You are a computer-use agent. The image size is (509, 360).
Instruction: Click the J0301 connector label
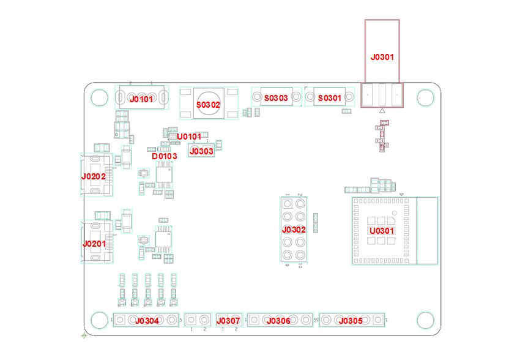(x=382, y=57)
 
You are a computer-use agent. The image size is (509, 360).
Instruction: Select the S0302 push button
(x=208, y=105)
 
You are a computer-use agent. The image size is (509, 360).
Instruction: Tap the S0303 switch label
(x=275, y=98)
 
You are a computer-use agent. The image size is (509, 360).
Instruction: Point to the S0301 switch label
(x=329, y=98)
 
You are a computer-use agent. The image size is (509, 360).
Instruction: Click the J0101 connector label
(x=141, y=99)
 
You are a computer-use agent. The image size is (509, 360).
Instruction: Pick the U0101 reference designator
(x=189, y=137)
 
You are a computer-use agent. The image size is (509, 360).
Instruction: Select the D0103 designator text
(x=165, y=156)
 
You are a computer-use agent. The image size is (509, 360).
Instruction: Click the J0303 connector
(x=202, y=151)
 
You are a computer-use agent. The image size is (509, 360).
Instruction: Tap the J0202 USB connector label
(x=94, y=176)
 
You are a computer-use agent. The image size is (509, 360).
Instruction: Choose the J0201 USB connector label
(x=94, y=244)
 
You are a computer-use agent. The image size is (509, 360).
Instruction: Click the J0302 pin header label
(x=294, y=230)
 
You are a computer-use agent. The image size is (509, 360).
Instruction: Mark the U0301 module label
(x=381, y=231)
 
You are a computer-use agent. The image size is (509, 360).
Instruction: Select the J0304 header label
(x=147, y=321)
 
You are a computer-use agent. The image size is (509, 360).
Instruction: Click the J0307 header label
(x=229, y=321)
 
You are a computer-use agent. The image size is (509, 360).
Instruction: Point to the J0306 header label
(x=279, y=321)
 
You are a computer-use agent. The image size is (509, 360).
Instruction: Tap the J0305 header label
(x=351, y=321)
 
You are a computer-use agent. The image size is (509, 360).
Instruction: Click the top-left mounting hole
(x=98, y=97)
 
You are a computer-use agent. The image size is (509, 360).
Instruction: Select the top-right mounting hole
(x=425, y=97)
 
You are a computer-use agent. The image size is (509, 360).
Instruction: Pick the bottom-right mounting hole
(x=425, y=319)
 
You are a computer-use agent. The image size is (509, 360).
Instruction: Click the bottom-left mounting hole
(x=98, y=319)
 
